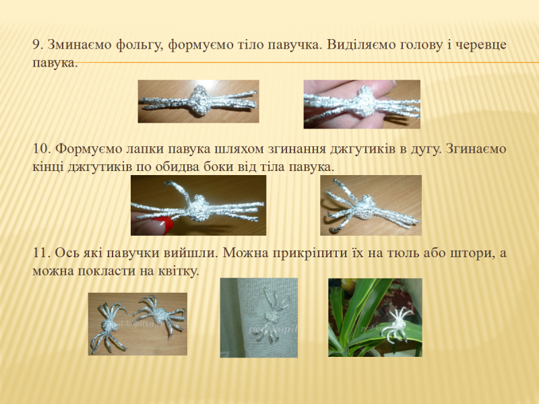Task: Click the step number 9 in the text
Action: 38,44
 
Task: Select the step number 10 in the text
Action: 42,149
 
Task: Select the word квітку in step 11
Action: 179,271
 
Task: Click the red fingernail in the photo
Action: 161,224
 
